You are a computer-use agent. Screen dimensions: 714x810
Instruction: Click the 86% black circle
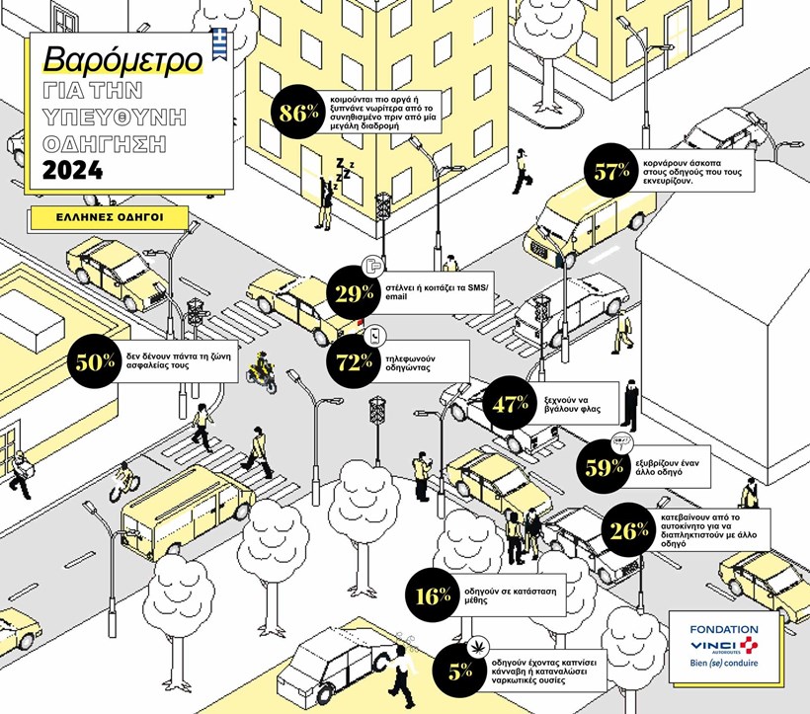point(295,113)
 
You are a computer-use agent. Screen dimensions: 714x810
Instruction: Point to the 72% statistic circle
point(354,362)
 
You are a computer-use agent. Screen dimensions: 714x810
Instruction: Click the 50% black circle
point(96,362)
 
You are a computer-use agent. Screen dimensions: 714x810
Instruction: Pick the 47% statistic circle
point(512,403)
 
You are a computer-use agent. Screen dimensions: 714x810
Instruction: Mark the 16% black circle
point(432,595)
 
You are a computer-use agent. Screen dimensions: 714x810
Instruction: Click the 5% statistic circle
point(459,672)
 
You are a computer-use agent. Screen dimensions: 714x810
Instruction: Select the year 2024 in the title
point(72,171)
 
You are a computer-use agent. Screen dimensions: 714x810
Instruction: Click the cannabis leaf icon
point(478,642)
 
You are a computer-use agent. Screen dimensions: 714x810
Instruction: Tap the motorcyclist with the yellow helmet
point(260,369)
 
